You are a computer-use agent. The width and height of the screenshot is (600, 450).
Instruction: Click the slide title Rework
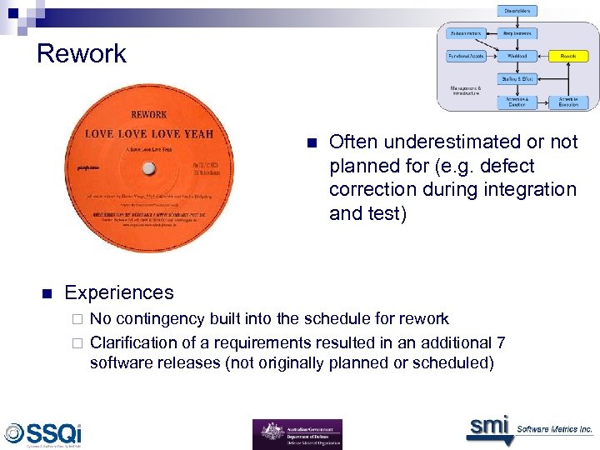coord(82,54)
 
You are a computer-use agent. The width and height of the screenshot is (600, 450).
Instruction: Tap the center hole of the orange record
coord(147,167)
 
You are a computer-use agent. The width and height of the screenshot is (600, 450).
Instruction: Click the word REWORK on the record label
coord(148,114)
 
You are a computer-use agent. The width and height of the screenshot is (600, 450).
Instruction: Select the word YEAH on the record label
coord(194,133)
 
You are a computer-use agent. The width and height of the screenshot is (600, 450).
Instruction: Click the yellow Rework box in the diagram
coord(567,56)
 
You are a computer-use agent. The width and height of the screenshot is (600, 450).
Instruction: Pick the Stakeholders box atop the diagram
coord(518,11)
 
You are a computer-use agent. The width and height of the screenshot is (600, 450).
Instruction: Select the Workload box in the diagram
coord(518,56)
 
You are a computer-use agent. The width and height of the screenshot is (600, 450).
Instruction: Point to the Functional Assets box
coord(467,56)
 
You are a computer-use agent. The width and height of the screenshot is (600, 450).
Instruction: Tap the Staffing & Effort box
coord(518,77)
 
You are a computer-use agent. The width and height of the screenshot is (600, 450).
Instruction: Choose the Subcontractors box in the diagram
coord(467,33)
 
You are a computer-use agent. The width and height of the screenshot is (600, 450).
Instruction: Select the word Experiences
coord(119,292)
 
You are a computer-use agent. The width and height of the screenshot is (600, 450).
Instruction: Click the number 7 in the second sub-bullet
coord(500,342)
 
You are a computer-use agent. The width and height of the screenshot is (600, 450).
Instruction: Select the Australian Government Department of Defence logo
coord(297,434)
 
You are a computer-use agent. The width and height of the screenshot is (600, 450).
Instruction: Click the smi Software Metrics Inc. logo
coord(529,428)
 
